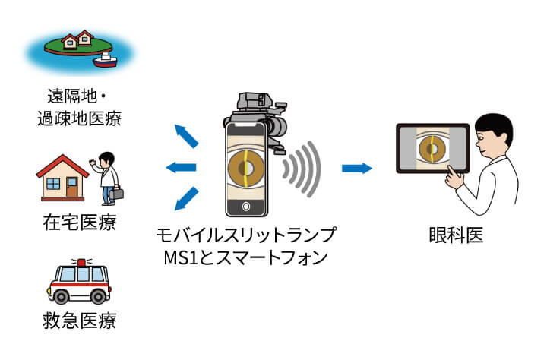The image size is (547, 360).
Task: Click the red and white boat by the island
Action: point(105,60)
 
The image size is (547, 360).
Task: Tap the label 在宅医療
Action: point(80,223)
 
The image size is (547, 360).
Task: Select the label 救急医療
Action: point(80,321)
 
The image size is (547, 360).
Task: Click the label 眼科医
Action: point(457,235)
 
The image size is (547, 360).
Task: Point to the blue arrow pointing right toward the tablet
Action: point(357,168)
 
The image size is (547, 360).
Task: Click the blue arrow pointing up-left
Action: point(186,136)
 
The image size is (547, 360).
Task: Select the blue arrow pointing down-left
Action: point(186,199)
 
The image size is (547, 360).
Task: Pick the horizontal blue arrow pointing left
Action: point(181,168)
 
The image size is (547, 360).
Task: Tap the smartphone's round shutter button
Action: point(246,207)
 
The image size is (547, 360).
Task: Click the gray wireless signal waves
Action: point(302,169)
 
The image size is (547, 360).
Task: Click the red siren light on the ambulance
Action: point(81,262)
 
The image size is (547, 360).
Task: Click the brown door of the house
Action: point(72,187)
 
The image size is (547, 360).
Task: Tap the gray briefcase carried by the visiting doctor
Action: point(116,193)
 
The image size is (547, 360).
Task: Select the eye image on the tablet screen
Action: point(432,148)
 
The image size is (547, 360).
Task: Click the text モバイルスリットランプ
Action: point(246,235)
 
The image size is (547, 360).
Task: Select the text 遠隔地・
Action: point(77,96)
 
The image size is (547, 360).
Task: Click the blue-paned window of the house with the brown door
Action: point(53,184)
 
